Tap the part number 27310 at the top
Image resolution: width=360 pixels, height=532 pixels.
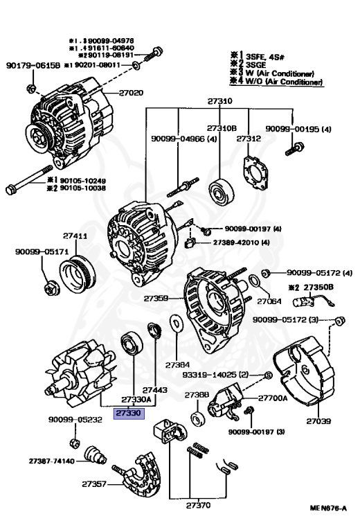(x=219, y=101)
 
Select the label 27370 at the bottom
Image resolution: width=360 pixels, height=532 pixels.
(x=198, y=505)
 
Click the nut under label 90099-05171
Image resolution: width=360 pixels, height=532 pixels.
(x=50, y=286)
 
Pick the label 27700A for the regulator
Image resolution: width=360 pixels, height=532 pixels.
(x=272, y=398)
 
